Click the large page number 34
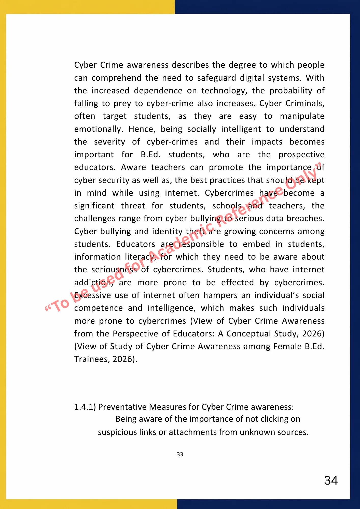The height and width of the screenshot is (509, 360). [331, 480]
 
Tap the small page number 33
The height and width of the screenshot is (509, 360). [180, 454]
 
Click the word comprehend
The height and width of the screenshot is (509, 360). [116, 78]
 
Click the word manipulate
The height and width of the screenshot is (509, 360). [302, 116]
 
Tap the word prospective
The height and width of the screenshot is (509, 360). [301, 154]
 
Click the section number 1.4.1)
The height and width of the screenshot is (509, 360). [85, 407]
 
